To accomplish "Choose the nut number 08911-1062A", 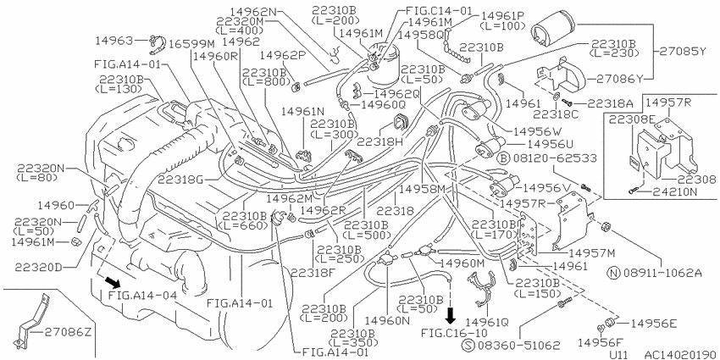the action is click(x=662, y=274).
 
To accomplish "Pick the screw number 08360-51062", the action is click(x=519, y=345).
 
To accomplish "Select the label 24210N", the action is click(x=673, y=192).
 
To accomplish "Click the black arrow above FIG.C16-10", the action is click(x=451, y=315).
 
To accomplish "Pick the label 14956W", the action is click(x=535, y=131).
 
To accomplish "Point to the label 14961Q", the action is click(x=487, y=321).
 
